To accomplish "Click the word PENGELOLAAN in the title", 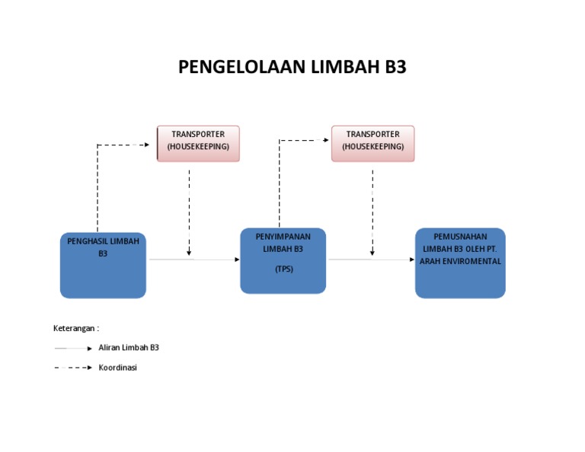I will [x=241, y=68].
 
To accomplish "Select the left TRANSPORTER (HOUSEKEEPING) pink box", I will [x=198, y=143].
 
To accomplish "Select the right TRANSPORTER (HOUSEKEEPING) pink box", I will [x=372, y=143].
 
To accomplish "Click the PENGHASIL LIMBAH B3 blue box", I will [x=103, y=265].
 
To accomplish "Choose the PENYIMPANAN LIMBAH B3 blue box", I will [x=283, y=260].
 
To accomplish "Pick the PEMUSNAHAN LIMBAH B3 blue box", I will [x=460, y=263].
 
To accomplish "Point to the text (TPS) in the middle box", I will [x=283, y=269].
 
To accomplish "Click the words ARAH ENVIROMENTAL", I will [x=460, y=261].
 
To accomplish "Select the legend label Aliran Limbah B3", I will [x=128, y=347].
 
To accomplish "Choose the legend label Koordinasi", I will [x=117, y=367].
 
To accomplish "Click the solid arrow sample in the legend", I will [x=73, y=348].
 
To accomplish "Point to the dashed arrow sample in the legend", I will [x=73, y=368].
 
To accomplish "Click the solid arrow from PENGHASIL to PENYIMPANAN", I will [x=194, y=259].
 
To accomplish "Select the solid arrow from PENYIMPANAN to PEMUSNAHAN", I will [x=371, y=259].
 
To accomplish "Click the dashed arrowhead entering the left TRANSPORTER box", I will [x=146, y=144].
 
